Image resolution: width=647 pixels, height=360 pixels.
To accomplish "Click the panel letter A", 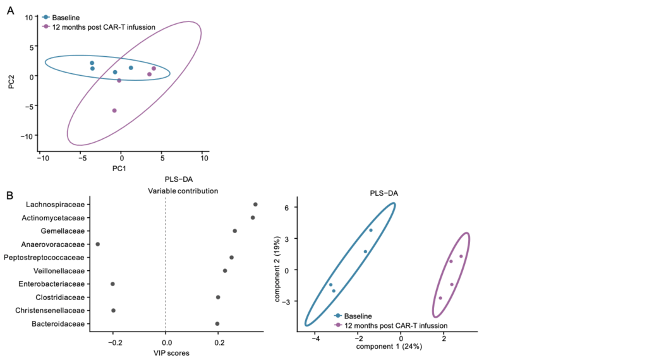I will [11, 11].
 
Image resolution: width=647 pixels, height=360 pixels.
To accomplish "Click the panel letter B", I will [11, 196].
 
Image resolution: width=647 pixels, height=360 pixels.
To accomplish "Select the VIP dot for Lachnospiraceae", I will [255, 204].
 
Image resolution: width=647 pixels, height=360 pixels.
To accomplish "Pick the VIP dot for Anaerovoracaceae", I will [97, 244].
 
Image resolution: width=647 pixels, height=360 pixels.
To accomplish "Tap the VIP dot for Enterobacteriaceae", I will [112, 284].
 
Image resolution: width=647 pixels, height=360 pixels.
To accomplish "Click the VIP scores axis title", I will [166, 353].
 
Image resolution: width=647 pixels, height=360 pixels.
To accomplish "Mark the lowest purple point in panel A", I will [114, 111].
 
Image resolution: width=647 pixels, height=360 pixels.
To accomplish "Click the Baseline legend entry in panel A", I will [67, 18].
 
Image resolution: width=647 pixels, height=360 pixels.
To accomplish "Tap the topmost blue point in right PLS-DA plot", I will [371, 230].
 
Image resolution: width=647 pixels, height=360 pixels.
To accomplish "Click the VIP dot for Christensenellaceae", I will [113, 310].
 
